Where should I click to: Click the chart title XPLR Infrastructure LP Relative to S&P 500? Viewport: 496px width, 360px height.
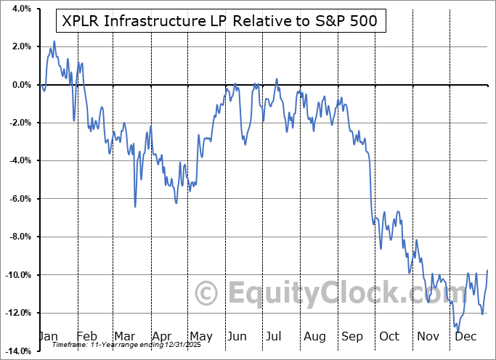pyautogui.click(x=220, y=20)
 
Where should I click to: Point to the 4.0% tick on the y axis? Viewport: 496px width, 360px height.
pyautogui.click(x=20, y=9)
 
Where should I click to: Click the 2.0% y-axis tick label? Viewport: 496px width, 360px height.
pyautogui.click(x=20, y=46)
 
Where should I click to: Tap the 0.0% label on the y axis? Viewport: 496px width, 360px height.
pyautogui.click(x=20, y=85)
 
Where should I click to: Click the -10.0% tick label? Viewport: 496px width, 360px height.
pyautogui.click(x=17, y=275)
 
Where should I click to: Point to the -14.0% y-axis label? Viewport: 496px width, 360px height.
pyautogui.click(x=17, y=351)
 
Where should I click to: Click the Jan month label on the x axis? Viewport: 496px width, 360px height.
pyautogui.click(x=49, y=337)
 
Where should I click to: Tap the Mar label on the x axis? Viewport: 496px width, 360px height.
pyautogui.click(x=125, y=337)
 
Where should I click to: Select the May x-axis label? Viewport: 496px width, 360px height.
pyautogui.click(x=200, y=337)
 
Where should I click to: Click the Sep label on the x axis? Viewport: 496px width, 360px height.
pyautogui.click(x=351, y=337)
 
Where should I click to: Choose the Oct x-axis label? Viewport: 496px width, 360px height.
pyautogui.click(x=389, y=337)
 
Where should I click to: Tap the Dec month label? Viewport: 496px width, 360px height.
pyautogui.click(x=465, y=337)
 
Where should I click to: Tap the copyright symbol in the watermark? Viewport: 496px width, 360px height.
pyautogui.click(x=207, y=294)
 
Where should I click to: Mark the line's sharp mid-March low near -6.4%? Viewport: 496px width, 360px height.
pyautogui.click(x=135, y=207)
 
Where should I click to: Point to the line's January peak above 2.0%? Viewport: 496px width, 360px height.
pyautogui.click(x=54, y=41)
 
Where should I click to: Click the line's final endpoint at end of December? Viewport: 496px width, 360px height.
pyautogui.click(x=487, y=271)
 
